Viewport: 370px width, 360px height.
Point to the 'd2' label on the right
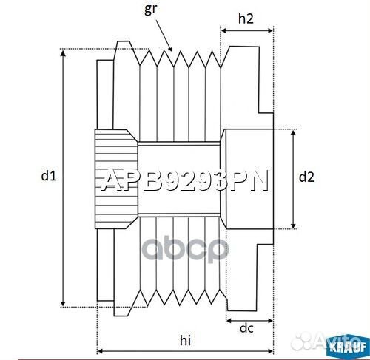pos(306,177)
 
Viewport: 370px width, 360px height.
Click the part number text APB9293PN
pos(185,180)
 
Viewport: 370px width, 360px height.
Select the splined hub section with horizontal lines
pos(115,177)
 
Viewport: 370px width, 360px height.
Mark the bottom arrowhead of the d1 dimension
pos(64,303)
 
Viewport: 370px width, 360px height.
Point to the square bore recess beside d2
pos(248,177)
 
